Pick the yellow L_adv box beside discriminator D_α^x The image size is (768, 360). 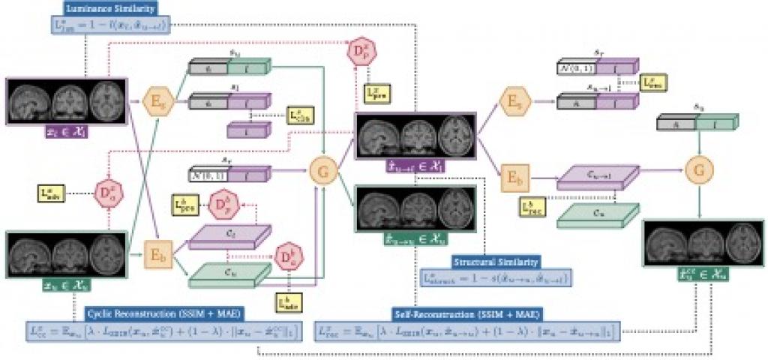50,193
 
